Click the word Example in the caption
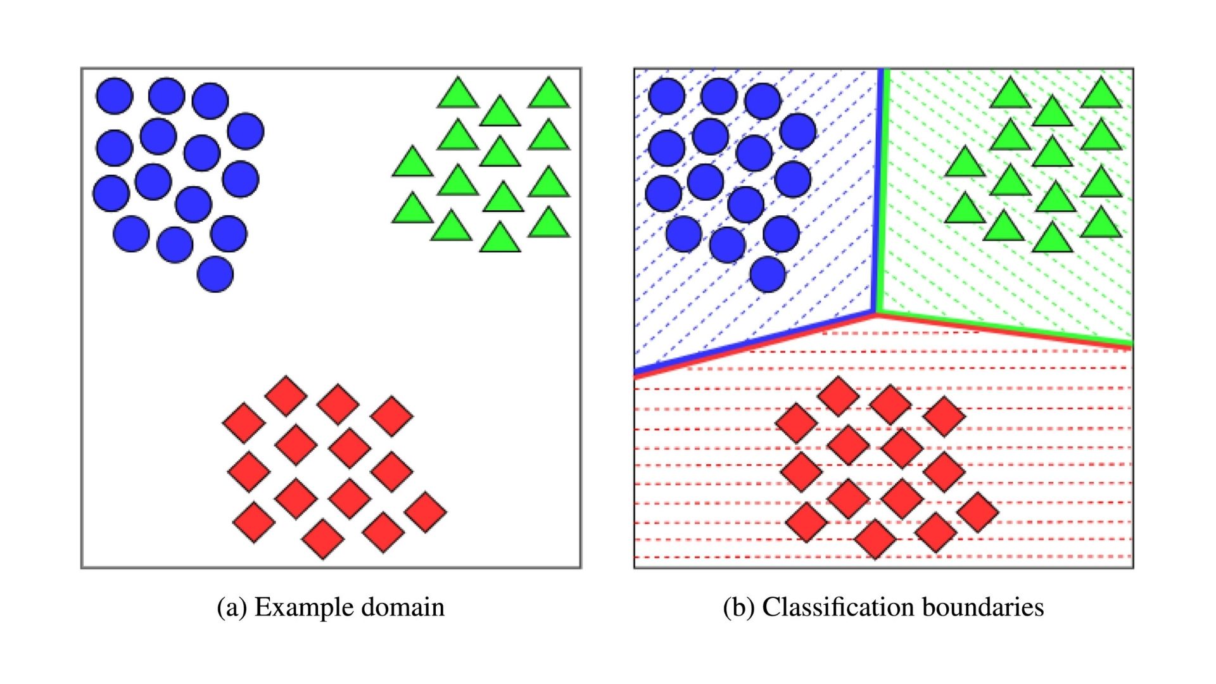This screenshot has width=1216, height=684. pos(302,607)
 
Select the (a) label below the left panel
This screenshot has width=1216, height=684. pos(232,607)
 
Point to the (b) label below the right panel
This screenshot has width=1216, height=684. pos(739,607)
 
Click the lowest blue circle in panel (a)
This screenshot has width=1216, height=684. pos(215,274)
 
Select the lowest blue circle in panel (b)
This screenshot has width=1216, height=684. pos(768,274)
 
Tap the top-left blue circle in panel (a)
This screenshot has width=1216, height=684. pos(115,96)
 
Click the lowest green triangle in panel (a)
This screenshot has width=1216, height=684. pos(500,239)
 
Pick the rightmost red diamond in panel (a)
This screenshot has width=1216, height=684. pos(426,512)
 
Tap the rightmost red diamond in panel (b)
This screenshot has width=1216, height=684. pos(978,512)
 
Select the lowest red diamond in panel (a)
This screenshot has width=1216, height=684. pos(323,539)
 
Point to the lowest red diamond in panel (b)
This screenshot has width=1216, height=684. pos(875,539)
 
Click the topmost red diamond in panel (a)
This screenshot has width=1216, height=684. pos(286,396)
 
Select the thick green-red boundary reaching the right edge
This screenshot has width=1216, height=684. pos(1004,329)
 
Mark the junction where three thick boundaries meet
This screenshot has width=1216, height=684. pos(877,312)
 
